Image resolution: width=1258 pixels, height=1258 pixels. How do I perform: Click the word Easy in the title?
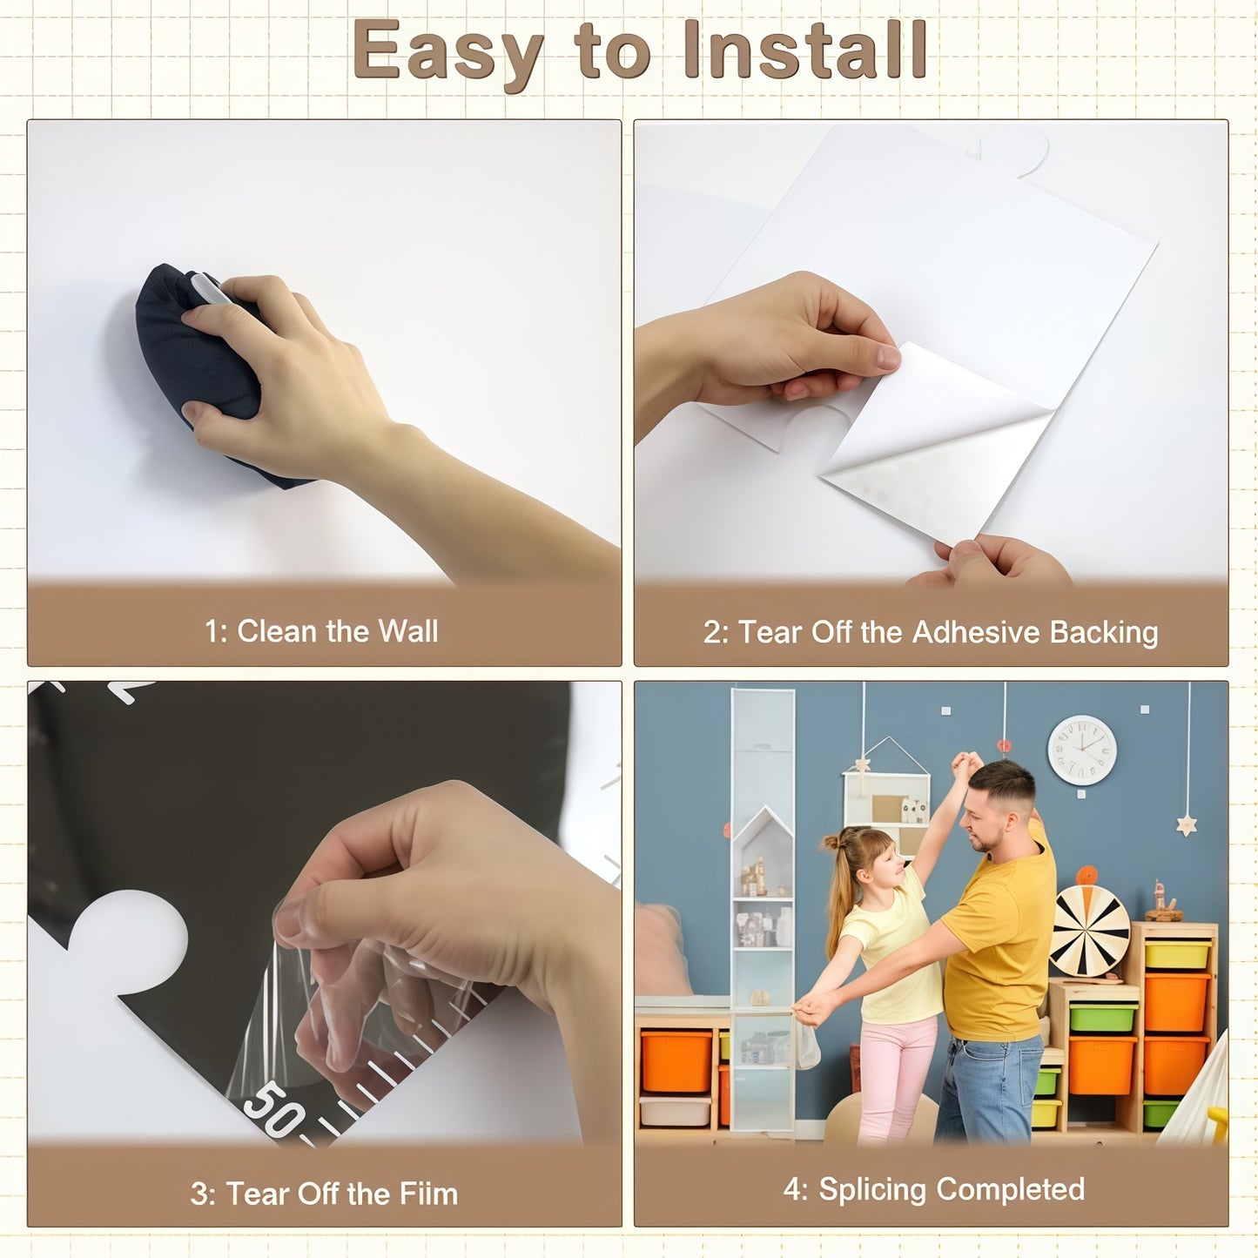point(447,53)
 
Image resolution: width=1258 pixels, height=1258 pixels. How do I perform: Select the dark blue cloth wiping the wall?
point(196,366)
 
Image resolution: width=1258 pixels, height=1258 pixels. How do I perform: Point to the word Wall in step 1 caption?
point(408,631)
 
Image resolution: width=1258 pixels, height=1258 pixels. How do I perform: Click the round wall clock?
point(1082,750)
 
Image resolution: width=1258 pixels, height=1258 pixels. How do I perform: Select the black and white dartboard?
point(1089,932)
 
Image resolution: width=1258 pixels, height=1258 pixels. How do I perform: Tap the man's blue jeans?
point(989,1090)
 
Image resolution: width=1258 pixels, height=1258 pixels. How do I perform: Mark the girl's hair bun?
point(833,842)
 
